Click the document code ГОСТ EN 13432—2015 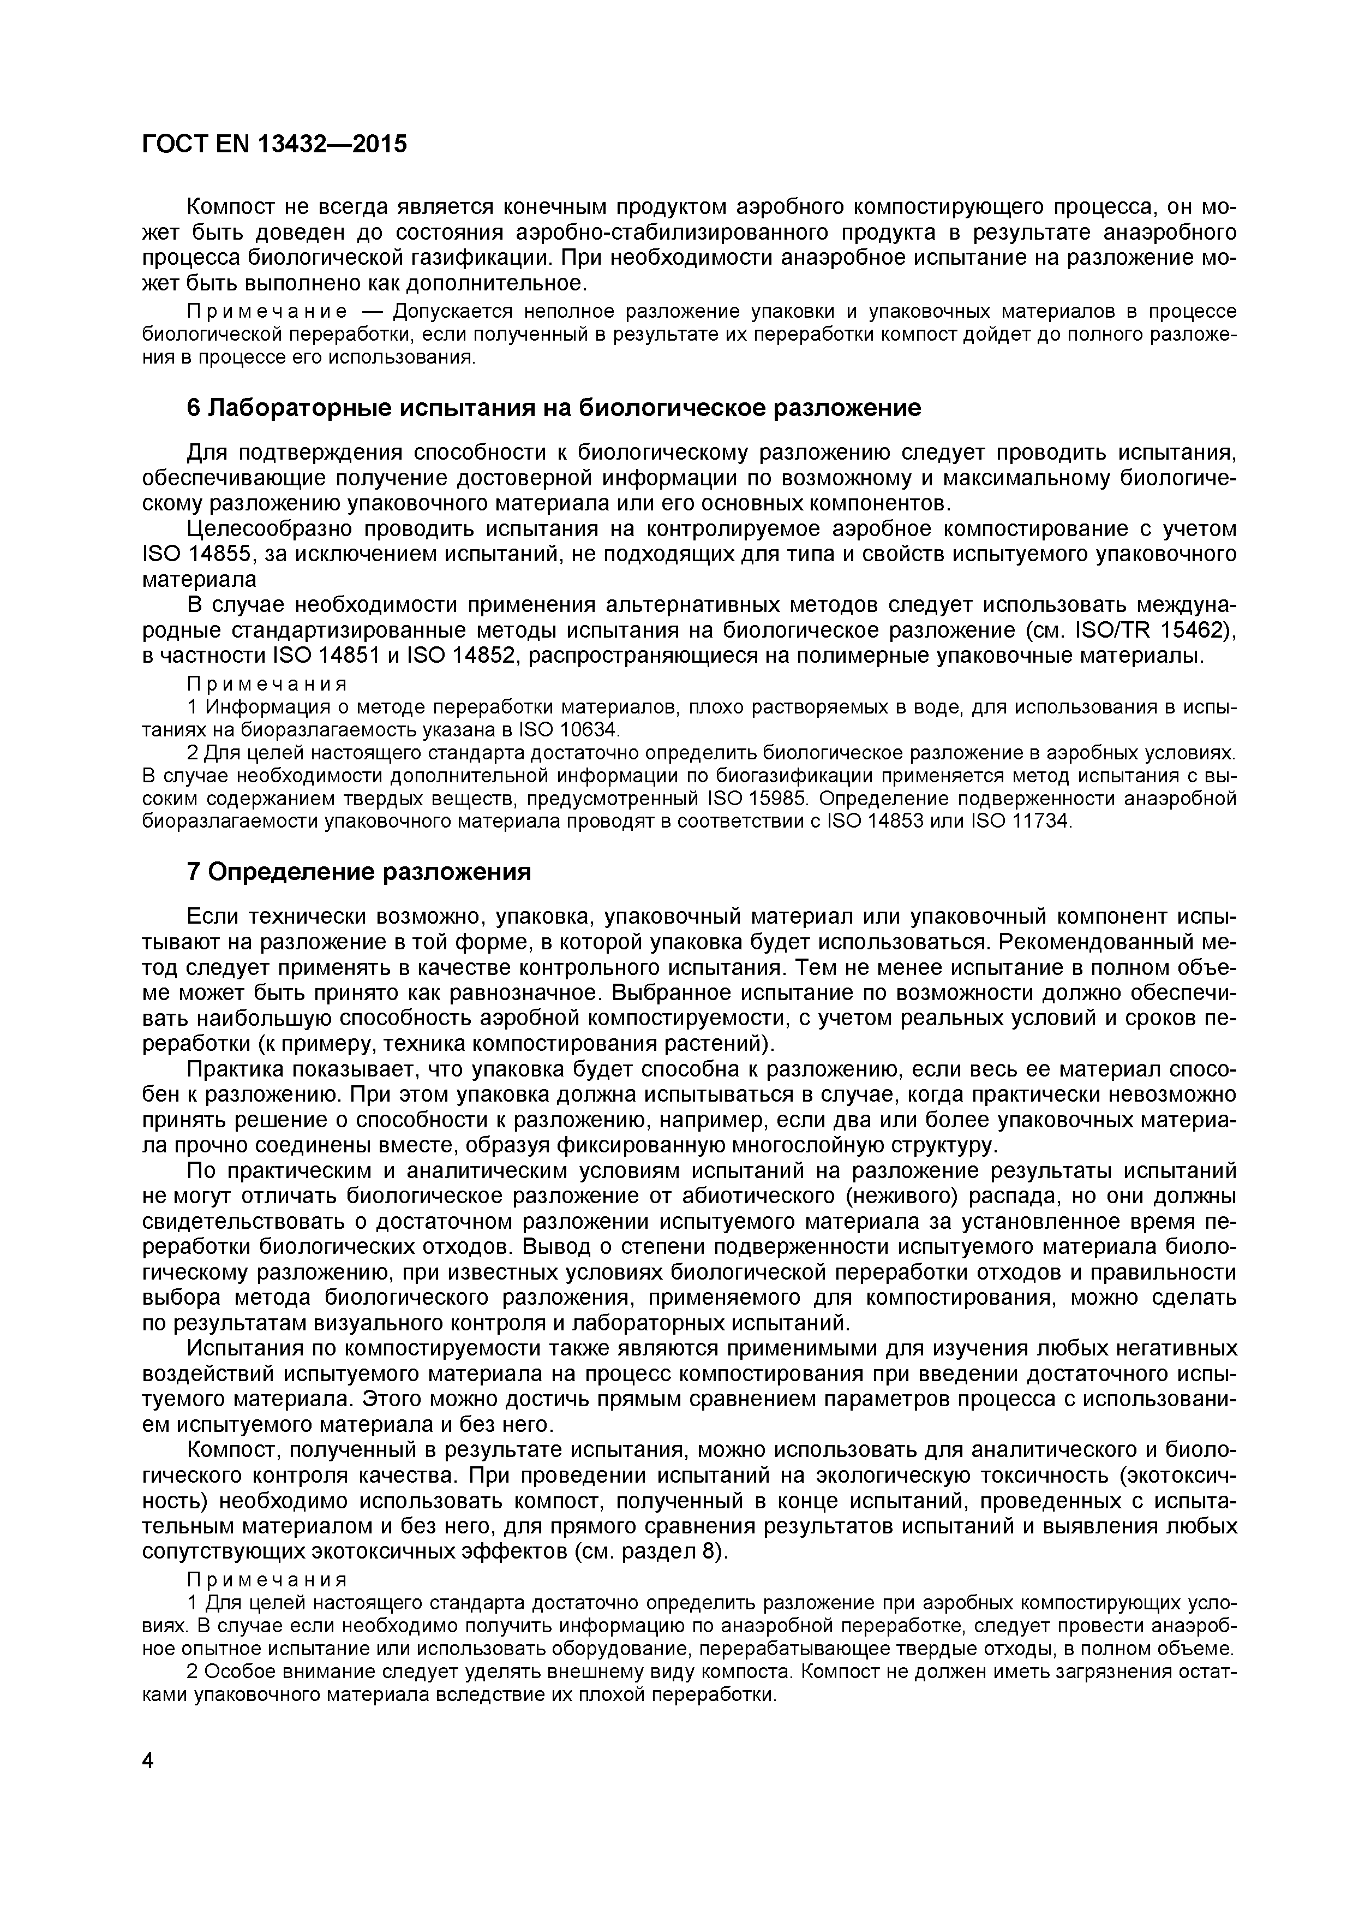[274, 144]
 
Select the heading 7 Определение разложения [358, 872]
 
